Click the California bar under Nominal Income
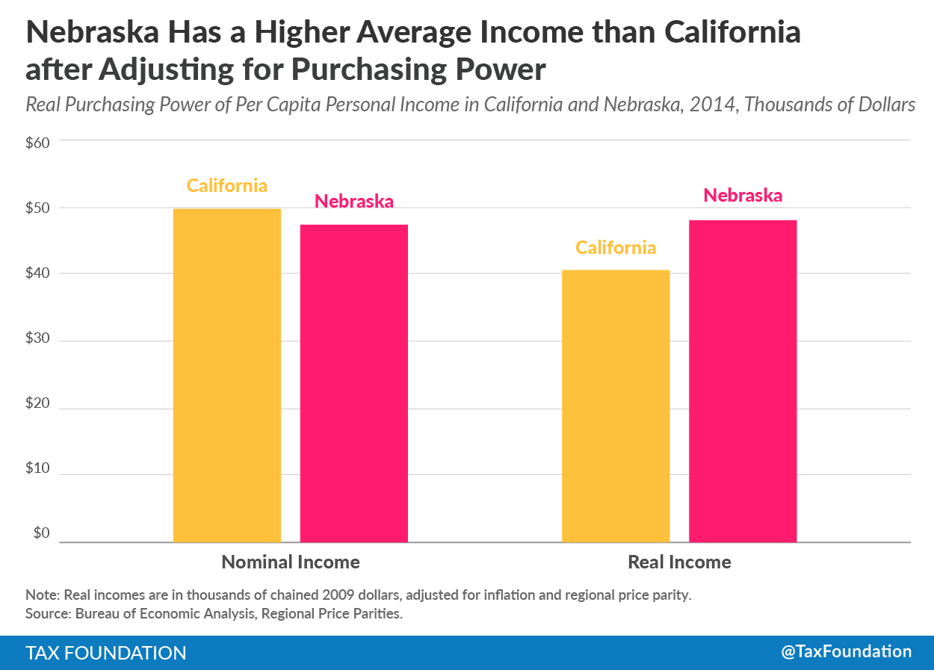click(227, 375)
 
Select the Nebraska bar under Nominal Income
click(354, 383)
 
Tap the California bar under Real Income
click(616, 406)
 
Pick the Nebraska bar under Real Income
click(743, 381)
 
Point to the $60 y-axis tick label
click(37, 142)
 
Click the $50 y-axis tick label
click(37, 208)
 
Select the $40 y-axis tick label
click(37, 273)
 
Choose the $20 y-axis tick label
click(37, 404)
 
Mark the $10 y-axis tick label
click(37, 469)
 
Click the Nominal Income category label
click(291, 562)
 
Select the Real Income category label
click(679, 562)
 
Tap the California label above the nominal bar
click(227, 185)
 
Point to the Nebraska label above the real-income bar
click(743, 195)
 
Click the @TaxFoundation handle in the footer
click(847, 651)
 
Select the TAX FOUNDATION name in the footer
click(106, 653)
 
